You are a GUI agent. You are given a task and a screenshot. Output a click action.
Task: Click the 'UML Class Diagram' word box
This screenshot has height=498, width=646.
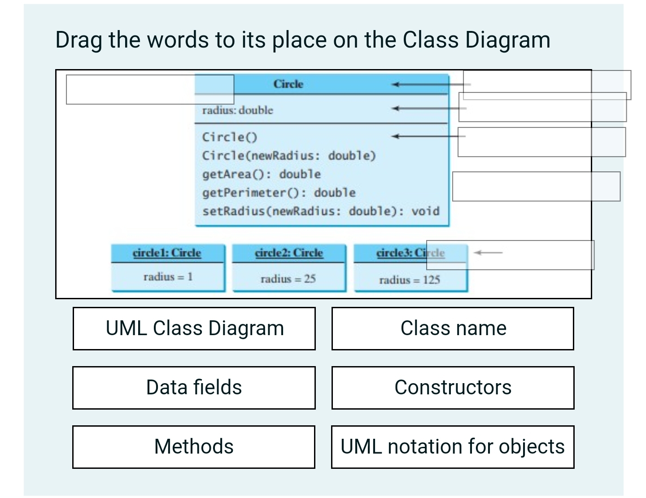pos(194,328)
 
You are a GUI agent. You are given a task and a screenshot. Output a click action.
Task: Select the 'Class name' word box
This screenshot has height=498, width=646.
pos(453,328)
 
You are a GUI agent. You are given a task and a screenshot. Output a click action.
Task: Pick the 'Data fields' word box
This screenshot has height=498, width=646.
pos(194,388)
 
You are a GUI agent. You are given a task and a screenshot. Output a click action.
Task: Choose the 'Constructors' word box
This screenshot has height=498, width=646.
pos(453,388)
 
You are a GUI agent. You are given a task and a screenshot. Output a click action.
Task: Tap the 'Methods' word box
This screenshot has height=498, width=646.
pos(194,447)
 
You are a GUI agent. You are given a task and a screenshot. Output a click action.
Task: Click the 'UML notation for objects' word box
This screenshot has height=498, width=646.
pos(453,447)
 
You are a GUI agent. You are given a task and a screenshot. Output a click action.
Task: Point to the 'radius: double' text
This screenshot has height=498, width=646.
pos(237,110)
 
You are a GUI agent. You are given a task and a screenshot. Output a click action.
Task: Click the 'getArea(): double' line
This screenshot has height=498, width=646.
pos(262,174)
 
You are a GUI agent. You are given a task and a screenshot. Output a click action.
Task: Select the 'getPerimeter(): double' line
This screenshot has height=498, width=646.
pos(279,193)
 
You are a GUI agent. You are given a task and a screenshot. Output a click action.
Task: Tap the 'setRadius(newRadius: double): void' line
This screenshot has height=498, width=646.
pos(321,211)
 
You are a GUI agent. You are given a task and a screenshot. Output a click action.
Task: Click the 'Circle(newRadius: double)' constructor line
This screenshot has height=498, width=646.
pos(289,156)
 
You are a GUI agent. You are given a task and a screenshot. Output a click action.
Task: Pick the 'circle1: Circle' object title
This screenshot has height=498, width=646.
pos(167,253)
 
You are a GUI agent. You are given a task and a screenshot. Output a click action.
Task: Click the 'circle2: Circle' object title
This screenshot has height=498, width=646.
pos(289,253)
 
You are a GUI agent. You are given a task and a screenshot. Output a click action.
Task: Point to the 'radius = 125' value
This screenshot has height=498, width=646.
pos(410,280)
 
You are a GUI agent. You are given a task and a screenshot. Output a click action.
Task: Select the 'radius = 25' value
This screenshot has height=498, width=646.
pos(288,279)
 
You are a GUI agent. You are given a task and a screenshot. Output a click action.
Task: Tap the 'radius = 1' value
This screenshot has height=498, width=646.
pos(168,277)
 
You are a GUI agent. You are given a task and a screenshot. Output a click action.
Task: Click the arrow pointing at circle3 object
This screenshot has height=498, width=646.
pos(488,253)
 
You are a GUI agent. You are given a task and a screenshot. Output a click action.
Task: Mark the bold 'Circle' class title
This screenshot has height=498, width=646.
pos(288,84)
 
